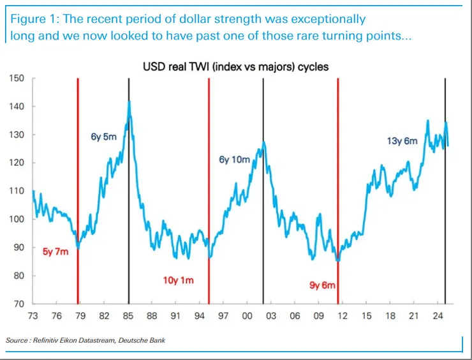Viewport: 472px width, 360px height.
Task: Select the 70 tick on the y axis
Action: pos(18,304)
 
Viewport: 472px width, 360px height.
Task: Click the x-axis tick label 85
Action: pos(128,316)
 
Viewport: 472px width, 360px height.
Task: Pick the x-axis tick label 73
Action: pos(33,316)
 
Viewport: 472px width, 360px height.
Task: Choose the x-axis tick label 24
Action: pos(438,316)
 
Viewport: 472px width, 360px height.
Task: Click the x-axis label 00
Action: pos(247,316)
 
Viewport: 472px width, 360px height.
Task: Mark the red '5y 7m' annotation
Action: pos(56,251)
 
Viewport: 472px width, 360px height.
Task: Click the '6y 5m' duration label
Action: pos(103,136)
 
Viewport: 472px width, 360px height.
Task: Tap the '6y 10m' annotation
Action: pos(235,160)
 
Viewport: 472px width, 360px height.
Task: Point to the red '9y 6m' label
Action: pos(323,285)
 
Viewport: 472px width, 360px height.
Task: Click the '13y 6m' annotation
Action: pos(402,141)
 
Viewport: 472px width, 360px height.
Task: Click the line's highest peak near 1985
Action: pos(129,101)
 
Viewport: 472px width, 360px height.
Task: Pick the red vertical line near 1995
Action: pos(209,191)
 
